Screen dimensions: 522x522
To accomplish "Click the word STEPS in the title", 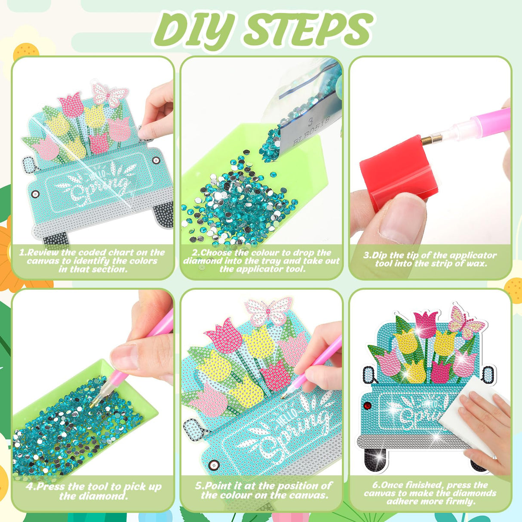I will tap(308, 29).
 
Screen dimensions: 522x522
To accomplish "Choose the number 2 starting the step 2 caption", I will tap(195, 253).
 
